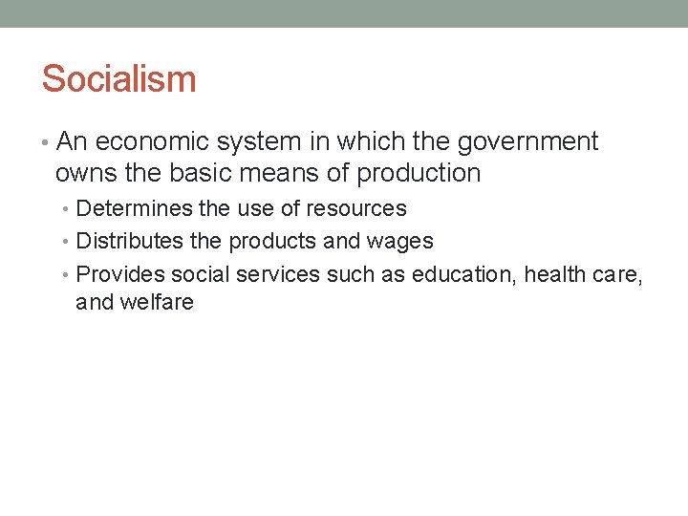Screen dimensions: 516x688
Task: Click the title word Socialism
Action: (x=118, y=78)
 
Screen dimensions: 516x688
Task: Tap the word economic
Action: (x=150, y=142)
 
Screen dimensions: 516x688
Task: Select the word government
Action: (x=527, y=142)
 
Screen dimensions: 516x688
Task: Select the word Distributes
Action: (x=130, y=241)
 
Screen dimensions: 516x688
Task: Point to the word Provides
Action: (x=119, y=274)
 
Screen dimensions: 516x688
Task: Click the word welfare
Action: (x=158, y=303)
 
